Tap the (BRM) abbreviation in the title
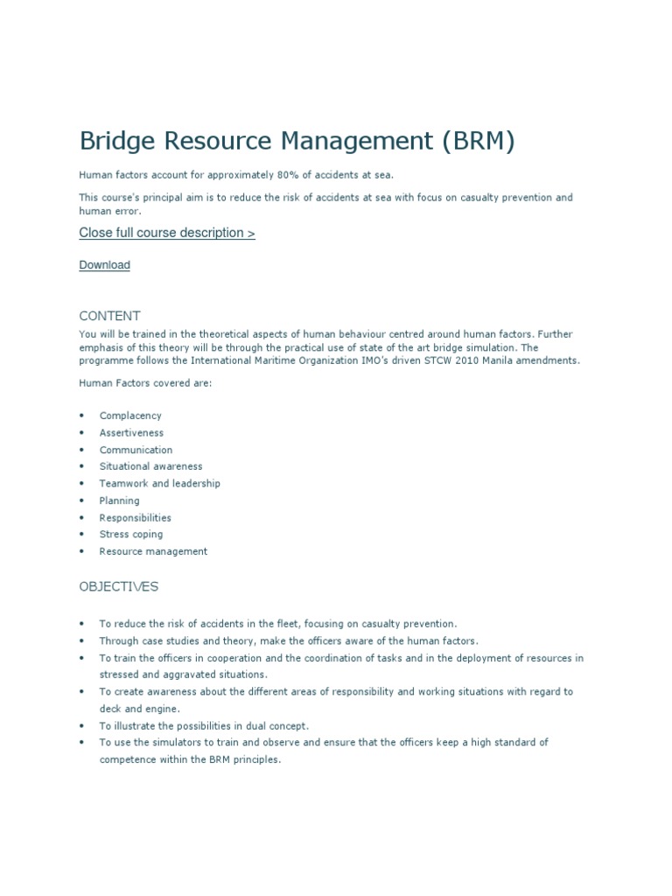[x=473, y=141]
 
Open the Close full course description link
[x=167, y=233]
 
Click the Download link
[x=104, y=265]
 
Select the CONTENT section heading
[x=109, y=316]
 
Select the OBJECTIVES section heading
[x=119, y=586]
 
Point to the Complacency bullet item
[x=130, y=416]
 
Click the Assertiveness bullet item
[x=131, y=433]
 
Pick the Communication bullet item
[x=136, y=450]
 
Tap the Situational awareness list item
[x=150, y=466]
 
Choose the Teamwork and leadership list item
[x=160, y=484]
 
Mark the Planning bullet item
[x=119, y=500]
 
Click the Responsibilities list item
[x=136, y=517]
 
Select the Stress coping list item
[x=131, y=535]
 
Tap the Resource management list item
[x=153, y=551]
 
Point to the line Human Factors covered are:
[x=144, y=382]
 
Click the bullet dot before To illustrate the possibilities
[x=81, y=725]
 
